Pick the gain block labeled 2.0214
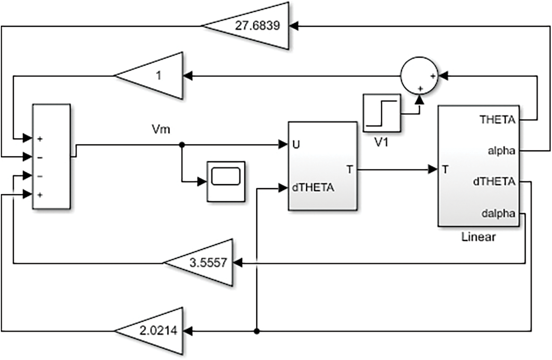pyautogui.click(x=154, y=331)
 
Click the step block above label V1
pyautogui.click(x=381, y=113)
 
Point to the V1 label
pyautogui.click(x=381, y=143)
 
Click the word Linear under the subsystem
pyautogui.click(x=478, y=238)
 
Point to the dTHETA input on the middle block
pyautogui.click(x=312, y=188)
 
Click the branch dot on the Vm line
pyautogui.click(x=181, y=144)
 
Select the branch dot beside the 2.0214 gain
pyautogui.click(x=256, y=331)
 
